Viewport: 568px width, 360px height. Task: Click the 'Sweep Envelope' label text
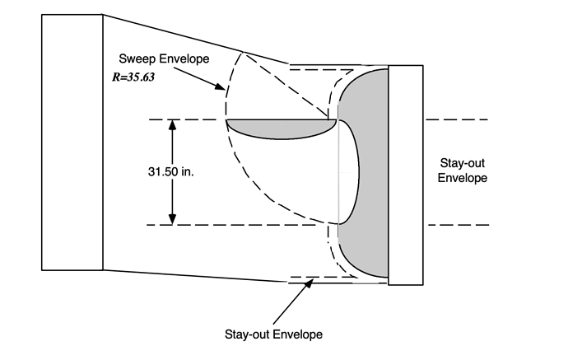161,60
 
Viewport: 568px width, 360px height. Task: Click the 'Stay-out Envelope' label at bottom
272,334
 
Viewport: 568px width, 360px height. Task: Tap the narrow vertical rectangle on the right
405,175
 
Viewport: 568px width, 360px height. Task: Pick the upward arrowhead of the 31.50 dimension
172,126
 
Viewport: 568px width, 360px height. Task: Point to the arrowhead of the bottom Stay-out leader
312,283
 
